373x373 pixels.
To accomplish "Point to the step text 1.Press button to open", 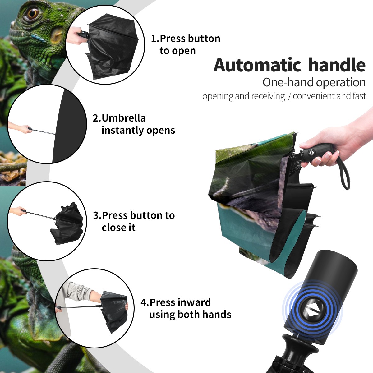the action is (x=186, y=45).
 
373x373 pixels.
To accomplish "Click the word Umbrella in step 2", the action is (x=123, y=118).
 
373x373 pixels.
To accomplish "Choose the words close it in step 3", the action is (x=118, y=228).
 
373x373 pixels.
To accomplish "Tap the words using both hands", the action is (x=190, y=315).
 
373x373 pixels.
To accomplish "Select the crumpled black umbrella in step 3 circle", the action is (x=67, y=223).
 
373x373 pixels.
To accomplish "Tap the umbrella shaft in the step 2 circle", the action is (x=44, y=131).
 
